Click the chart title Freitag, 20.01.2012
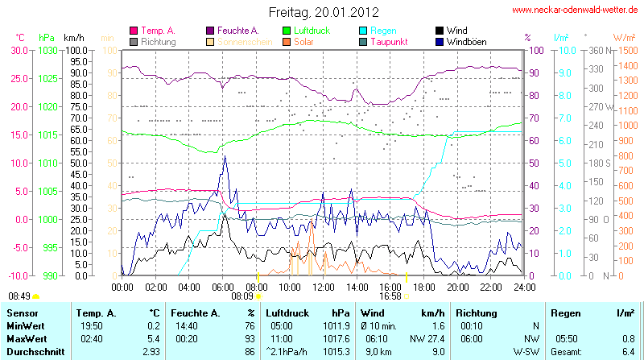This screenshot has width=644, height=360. point(322,12)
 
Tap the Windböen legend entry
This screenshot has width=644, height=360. point(466,41)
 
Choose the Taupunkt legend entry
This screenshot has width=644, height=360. point(392,41)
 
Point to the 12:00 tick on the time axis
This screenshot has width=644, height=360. point(323,287)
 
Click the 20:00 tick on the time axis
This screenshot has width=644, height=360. point(457,287)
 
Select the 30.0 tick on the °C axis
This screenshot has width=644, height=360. point(19,50)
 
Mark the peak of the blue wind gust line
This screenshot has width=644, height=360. point(225,156)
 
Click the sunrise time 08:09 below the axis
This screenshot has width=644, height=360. point(242,296)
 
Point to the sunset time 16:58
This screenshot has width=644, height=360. point(390,296)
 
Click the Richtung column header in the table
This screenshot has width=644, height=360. point(477,312)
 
